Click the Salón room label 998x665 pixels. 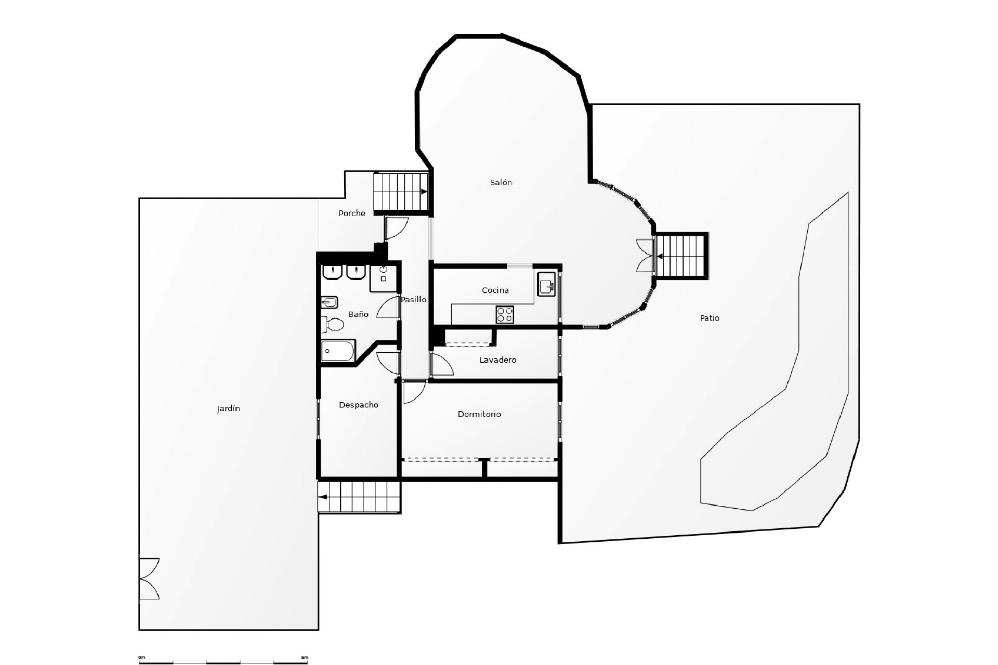coord(501,183)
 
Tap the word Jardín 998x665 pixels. coord(228,409)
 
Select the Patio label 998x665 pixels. coord(710,318)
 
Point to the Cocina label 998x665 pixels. coord(495,290)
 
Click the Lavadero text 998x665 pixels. coord(497,360)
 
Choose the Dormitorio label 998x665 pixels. coord(479,414)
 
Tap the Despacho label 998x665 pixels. coord(359,405)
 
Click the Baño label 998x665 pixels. coord(358,314)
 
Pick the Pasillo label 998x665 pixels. coord(413,299)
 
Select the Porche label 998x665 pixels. coord(352,213)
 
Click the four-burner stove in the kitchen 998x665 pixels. coord(505,314)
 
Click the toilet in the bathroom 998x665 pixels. coord(333,325)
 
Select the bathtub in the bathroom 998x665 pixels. coord(338,351)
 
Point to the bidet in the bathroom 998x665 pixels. coord(330,302)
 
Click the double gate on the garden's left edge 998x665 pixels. coord(149,579)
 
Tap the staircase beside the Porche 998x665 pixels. coord(400,192)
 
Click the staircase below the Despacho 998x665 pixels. coord(359,497)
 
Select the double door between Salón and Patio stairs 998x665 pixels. coord(645,256)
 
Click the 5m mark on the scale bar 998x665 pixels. coord(305,658)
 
